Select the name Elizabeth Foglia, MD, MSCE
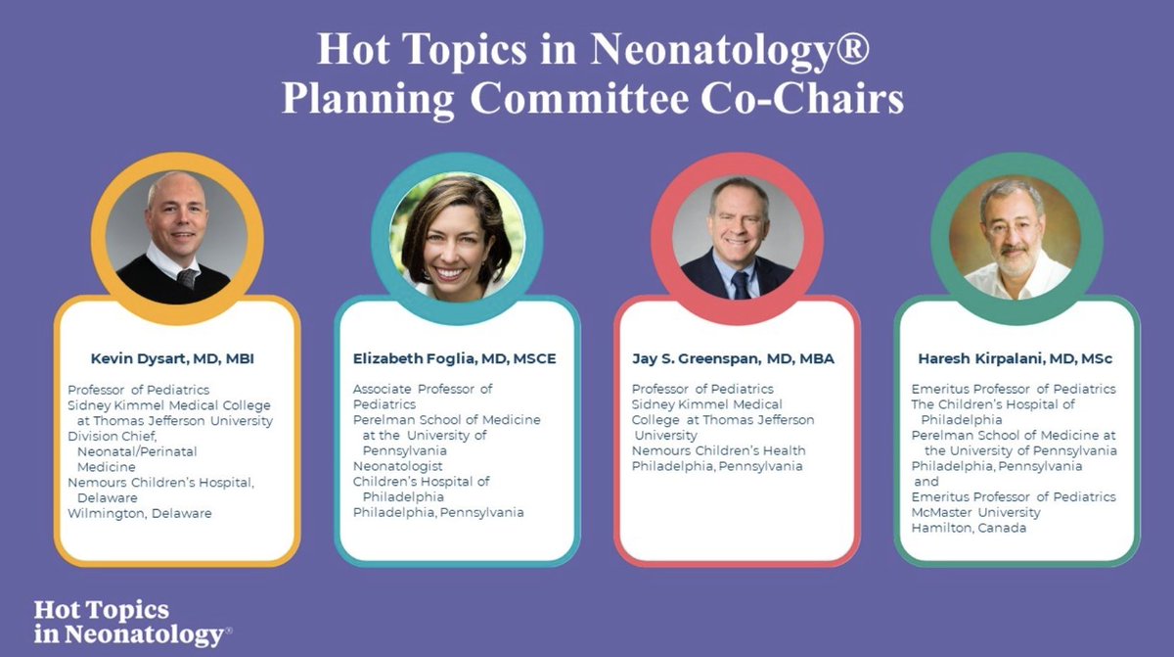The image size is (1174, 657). tap(454, 358)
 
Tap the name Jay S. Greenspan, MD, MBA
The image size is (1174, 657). tap(733, 358)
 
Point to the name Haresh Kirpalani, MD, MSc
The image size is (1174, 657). tap(1015, 358)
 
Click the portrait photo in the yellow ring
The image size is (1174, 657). tap(176, 237)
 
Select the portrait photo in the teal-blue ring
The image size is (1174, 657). tap(456, 237)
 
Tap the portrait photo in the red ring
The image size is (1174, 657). tap(737, 237)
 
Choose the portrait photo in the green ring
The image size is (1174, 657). tap(1016, 237)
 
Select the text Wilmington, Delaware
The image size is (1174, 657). tap(139, 513)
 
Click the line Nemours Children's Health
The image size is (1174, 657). tap(718, 450)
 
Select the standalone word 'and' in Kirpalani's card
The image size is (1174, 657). tap(926, 482)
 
